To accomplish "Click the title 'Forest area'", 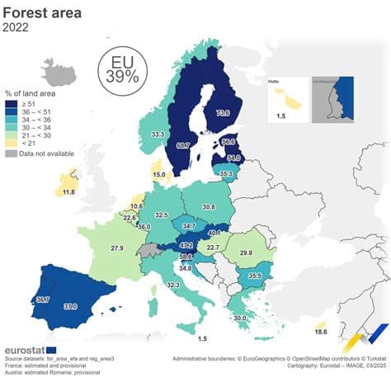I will [x=46, y=12].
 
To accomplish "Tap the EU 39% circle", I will [x=120, y=68].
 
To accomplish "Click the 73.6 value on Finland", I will [x=224, y=113].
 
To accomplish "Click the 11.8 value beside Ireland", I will [x=68, y=191].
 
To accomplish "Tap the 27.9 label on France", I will [x=117, y=247].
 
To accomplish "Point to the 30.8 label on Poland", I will [x=209, y=207].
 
